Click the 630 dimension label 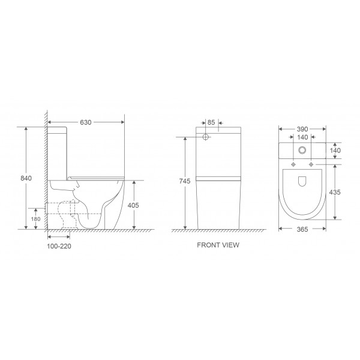(x=85, y=122)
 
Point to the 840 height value (x=26, y=178)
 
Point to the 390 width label (x=303, y=129)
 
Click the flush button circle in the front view (x=206, y=137)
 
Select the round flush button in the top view (x=303, y=151)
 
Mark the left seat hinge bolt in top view (x=294, y=164)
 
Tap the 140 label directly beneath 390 (x=303, y=137)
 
